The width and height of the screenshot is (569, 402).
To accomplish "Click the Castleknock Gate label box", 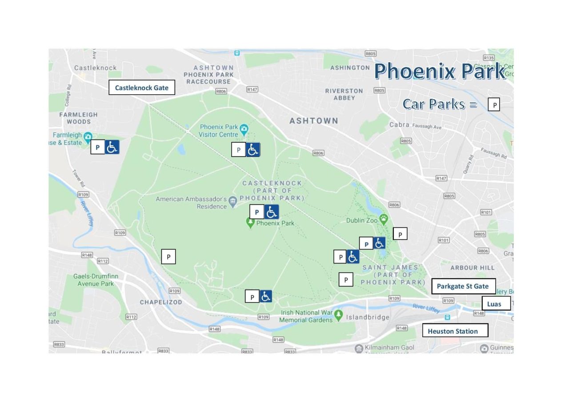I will coord(142,88).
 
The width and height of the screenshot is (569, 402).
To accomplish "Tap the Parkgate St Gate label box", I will coord(463,286).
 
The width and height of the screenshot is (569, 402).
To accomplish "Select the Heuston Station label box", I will coord(455,330).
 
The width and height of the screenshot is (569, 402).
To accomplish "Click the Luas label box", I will coord(496,303).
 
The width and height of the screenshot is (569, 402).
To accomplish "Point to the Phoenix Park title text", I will coord(440,71).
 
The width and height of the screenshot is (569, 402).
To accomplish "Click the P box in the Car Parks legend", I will coord(494,105).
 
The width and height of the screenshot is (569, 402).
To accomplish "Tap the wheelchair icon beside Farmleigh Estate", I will coord(112,147).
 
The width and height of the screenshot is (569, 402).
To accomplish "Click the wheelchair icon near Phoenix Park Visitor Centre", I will coord(253,150).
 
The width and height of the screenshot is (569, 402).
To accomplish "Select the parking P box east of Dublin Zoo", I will coord(400,234).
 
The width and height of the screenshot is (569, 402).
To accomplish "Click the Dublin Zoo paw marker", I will coord(384,219).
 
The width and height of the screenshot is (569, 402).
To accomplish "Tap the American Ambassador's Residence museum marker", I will coord(232,203).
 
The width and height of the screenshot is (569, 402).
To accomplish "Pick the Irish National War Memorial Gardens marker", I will coord(339,315).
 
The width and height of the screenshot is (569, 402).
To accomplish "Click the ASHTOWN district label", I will coord(314,121).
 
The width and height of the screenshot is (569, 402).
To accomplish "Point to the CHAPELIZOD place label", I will coord(161,302).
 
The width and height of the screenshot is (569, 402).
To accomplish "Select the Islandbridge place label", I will coord(368,317).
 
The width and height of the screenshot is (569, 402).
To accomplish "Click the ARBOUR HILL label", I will coord(472,268).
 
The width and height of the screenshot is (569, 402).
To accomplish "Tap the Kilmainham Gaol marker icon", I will coord(359,348).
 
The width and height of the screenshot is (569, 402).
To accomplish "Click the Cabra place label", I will coord(399,125).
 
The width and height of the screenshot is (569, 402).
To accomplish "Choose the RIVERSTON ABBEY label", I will coord(344,94).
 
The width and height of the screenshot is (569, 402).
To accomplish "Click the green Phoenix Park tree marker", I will coord(251,223).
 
